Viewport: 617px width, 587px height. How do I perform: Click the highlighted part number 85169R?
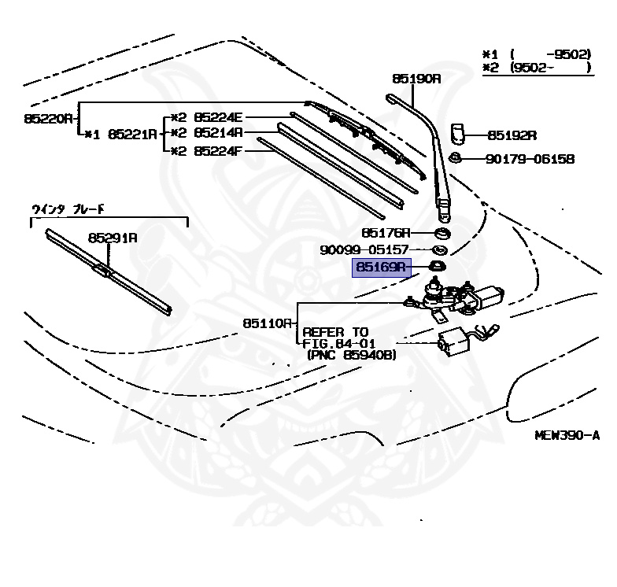coord(379,268)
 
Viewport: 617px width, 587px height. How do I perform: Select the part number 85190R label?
coord(416,79)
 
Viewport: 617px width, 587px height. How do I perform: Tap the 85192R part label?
coord(512,135)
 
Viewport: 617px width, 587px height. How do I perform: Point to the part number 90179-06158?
coord(529,159)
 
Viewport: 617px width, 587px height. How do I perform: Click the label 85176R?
coord(386,233)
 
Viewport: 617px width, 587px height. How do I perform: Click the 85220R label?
coord(48,118)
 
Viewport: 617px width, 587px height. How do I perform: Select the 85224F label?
coord(219,150)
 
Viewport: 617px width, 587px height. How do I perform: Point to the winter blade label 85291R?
coord(112,237)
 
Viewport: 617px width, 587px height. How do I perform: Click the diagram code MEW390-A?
coord(567,435)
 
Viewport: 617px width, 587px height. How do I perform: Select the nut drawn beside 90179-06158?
coord(455,159)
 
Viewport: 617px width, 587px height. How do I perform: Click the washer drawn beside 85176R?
coord(442,233)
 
